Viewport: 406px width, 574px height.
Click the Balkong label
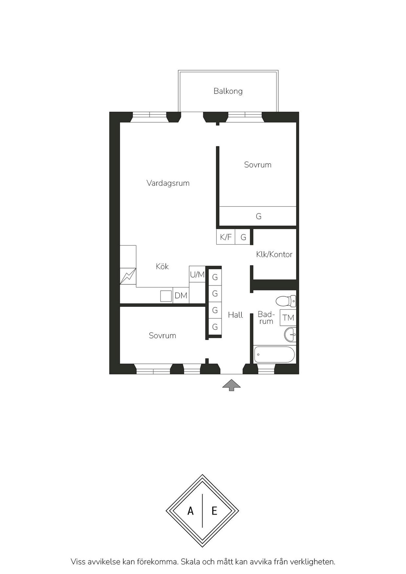[228, 91]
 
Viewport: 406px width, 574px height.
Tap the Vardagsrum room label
[168, 183]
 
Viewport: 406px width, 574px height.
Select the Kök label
[162, 266]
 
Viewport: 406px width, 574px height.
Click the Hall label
[235, 315]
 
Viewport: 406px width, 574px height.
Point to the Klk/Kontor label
[274, 254]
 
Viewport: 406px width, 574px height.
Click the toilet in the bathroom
[286, 301]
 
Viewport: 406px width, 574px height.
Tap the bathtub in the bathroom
[275, 355]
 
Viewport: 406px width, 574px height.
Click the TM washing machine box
[288, 317]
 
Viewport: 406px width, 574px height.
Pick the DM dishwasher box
[181, 295]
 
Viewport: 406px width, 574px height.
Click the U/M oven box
[197, 274]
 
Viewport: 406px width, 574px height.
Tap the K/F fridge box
[226, 237]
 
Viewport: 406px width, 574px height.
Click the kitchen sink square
[166, 296]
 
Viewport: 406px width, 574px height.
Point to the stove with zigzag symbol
[128, 276]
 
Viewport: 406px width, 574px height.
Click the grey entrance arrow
[231, 385]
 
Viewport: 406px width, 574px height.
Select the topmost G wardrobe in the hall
[215, 277]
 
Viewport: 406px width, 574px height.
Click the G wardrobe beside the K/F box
[243, 237]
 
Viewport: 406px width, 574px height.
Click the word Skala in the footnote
[190, 562]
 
